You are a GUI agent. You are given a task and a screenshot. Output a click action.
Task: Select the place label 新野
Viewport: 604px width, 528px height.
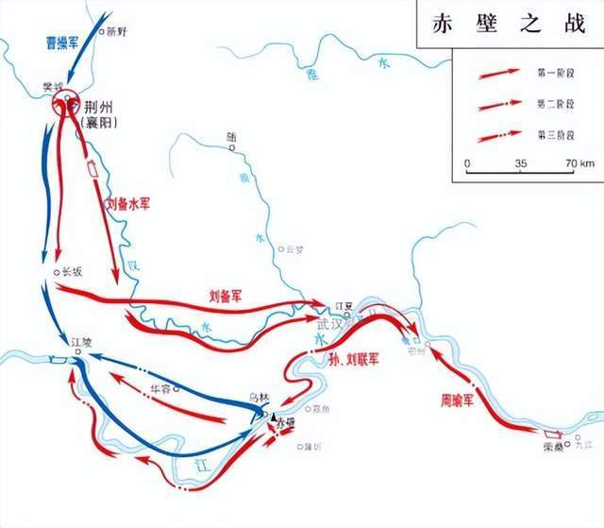click(116, 31)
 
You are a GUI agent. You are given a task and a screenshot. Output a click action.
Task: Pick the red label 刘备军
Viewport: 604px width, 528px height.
click(226, 296)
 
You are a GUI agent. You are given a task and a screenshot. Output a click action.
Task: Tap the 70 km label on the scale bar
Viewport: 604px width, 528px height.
click(579, 164)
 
